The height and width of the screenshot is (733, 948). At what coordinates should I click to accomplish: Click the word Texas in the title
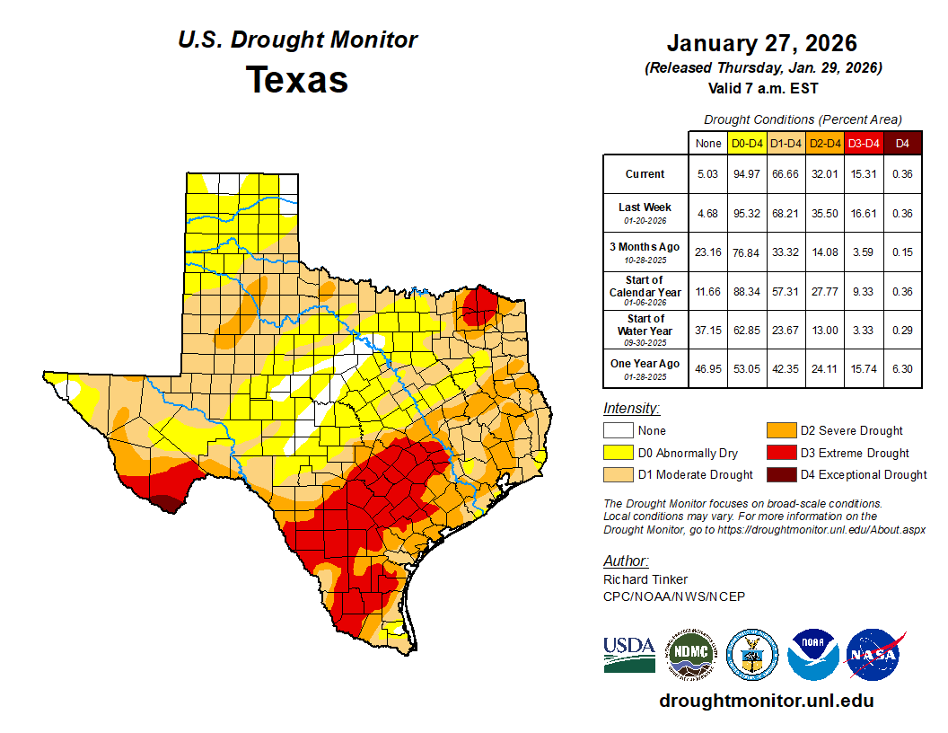click(x=297, y=79)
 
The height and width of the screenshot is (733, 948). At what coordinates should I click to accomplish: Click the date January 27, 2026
click(x=761, y=43)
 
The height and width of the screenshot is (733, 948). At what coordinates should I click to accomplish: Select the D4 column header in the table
click(x=902, y=143)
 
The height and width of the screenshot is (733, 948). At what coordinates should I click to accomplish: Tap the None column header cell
click(x=707, y=143)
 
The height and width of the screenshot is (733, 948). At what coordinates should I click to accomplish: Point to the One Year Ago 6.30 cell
click(x=902, y=368)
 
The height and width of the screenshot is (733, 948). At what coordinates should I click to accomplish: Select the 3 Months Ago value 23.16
click(x=707, y=252)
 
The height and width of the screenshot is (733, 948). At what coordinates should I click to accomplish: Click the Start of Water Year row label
click(x=645, y=330)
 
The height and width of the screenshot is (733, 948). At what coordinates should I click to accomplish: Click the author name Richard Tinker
click(x=645, y=579)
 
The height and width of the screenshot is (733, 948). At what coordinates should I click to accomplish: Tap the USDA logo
click(x=629, y=653)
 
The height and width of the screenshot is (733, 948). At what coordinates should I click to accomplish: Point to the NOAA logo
click(x=813, y=653)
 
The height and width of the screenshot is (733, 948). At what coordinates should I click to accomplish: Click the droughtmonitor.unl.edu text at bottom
click(x=766, y=701)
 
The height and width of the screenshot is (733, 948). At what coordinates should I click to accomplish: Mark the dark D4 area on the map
click(x=163, y=502)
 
